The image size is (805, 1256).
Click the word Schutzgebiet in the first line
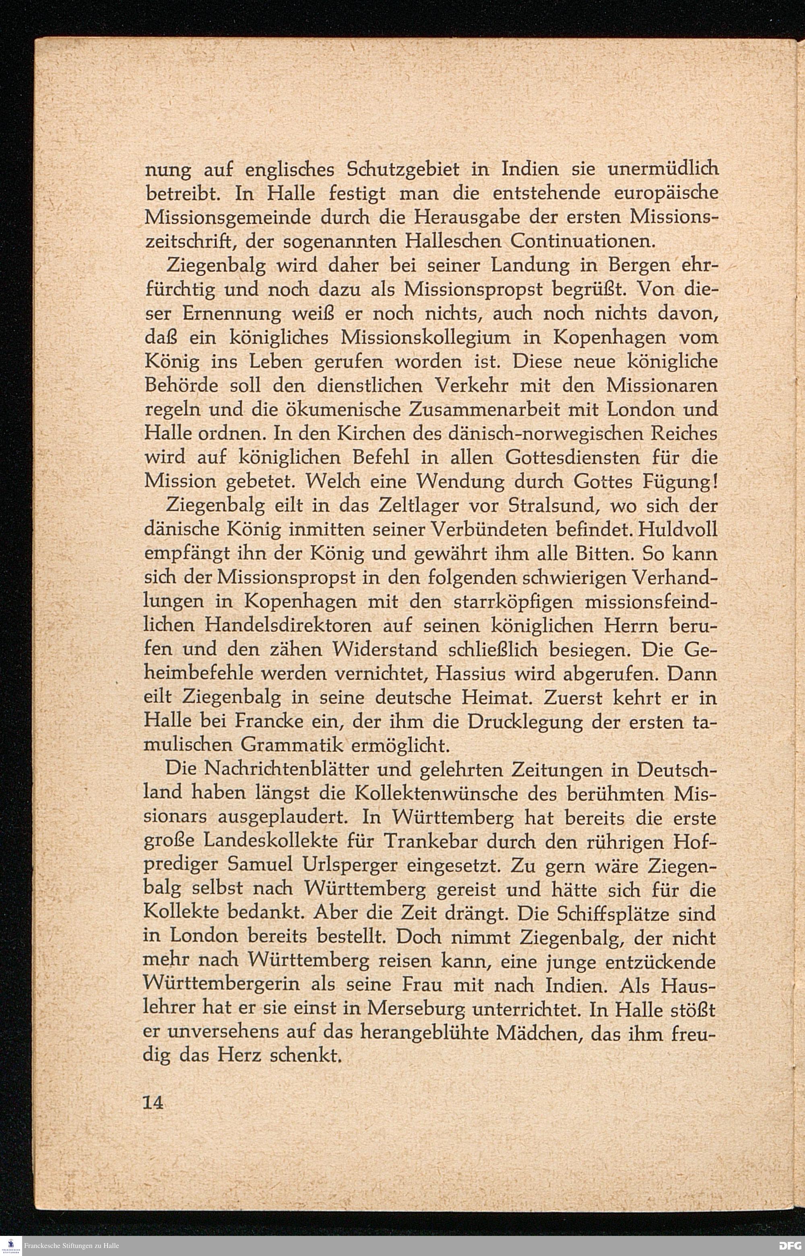pos(403,170)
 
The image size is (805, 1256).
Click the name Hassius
pos(471,674)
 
